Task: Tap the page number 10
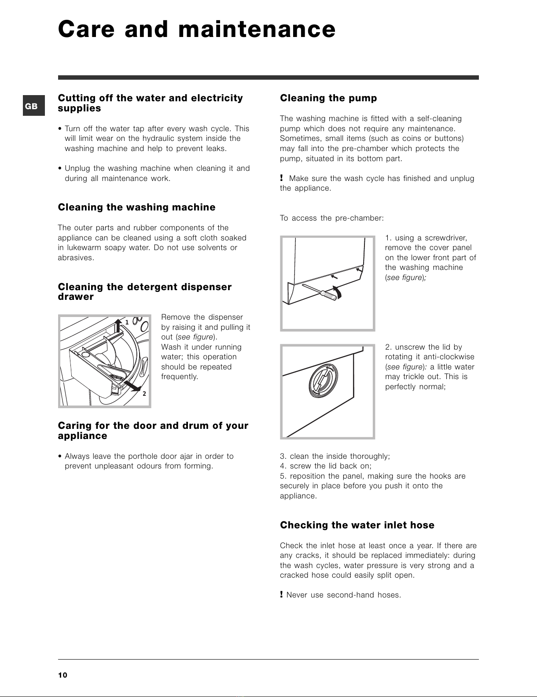(63, 675)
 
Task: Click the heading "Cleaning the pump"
(328, 98)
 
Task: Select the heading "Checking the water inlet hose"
(357, 525)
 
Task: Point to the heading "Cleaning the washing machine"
(136, 207)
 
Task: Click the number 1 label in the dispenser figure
(127, 322)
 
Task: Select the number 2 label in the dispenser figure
(144, 394)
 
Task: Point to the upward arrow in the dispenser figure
(118, 325)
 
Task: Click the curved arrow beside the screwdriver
(337, 291)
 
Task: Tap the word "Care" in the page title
(86, 30)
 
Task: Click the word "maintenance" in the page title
(257, 30)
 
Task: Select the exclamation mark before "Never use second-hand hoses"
(281, 594)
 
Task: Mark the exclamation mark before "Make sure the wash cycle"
(281, 178)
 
